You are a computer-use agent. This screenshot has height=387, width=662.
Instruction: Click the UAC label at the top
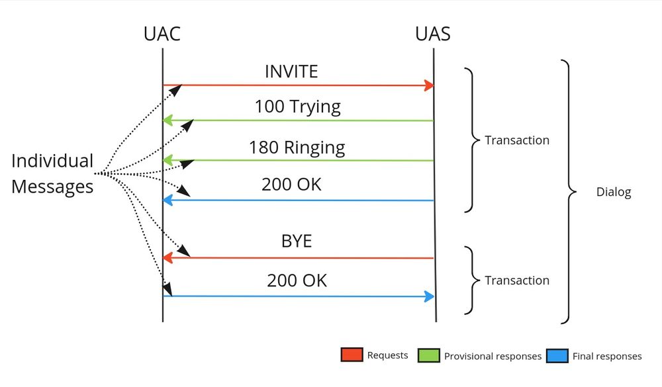click(162, 34)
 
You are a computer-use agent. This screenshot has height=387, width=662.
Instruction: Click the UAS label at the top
click(433, 34)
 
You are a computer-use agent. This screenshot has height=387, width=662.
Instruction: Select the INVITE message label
click(291, 71)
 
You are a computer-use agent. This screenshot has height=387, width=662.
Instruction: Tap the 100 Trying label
click(297, 107)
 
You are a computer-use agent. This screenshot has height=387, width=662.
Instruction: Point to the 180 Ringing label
click(297, 147)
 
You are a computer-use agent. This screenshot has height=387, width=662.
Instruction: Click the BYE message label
click(296, 241)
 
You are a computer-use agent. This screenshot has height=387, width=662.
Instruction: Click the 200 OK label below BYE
click(297, 280)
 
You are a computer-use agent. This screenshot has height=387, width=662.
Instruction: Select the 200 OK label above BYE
click(291, 185)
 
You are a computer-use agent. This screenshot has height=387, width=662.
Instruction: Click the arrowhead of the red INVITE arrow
click(430, 85)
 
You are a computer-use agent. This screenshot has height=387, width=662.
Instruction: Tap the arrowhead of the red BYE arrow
click(167, 257)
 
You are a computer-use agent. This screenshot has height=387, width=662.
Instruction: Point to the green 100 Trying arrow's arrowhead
click(167, 120)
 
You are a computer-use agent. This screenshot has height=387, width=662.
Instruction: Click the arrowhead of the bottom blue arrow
click(430, 296)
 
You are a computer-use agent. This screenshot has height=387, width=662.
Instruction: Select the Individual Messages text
click(52, 174)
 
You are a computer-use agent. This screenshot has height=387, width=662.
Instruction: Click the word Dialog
click(614, 193)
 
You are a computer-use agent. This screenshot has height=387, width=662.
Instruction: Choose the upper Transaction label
click(517, 140)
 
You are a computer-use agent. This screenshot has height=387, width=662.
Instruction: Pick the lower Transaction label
click(517, 280)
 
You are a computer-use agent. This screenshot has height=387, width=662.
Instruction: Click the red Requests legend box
click(352, 355)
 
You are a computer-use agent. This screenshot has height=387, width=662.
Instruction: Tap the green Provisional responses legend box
click(429, 355)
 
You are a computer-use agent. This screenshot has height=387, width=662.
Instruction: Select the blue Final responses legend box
click(557, 355)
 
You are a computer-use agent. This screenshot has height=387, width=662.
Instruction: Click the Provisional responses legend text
click(493, 356)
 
